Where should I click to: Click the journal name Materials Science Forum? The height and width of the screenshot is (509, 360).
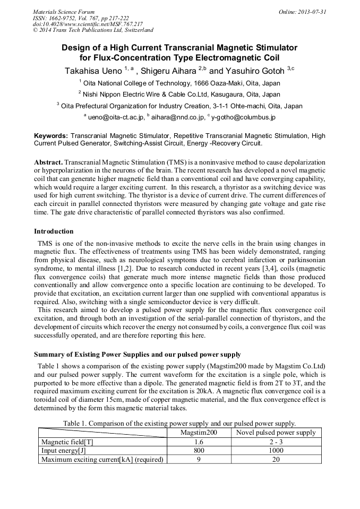[64, 12]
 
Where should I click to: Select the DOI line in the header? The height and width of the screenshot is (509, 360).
[88, 24]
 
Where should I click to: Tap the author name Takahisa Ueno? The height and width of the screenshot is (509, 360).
[93, 71]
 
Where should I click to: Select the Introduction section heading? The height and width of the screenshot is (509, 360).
[54, 231]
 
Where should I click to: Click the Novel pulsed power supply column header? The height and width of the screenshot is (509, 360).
[276, 433]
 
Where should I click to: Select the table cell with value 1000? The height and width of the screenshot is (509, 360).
[276, 451]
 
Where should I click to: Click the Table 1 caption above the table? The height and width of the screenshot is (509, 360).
[179, 424]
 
